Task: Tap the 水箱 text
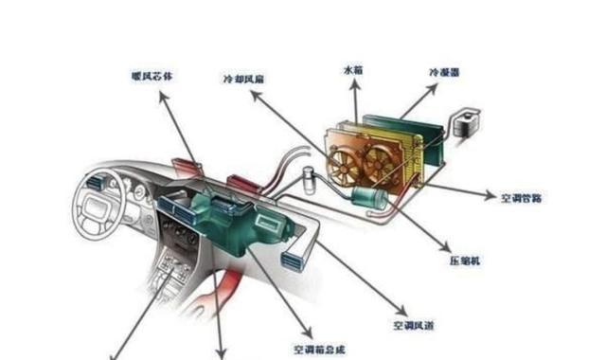pos(352,70)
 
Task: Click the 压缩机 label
pos(462,258)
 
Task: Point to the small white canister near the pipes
pos(308,179)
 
